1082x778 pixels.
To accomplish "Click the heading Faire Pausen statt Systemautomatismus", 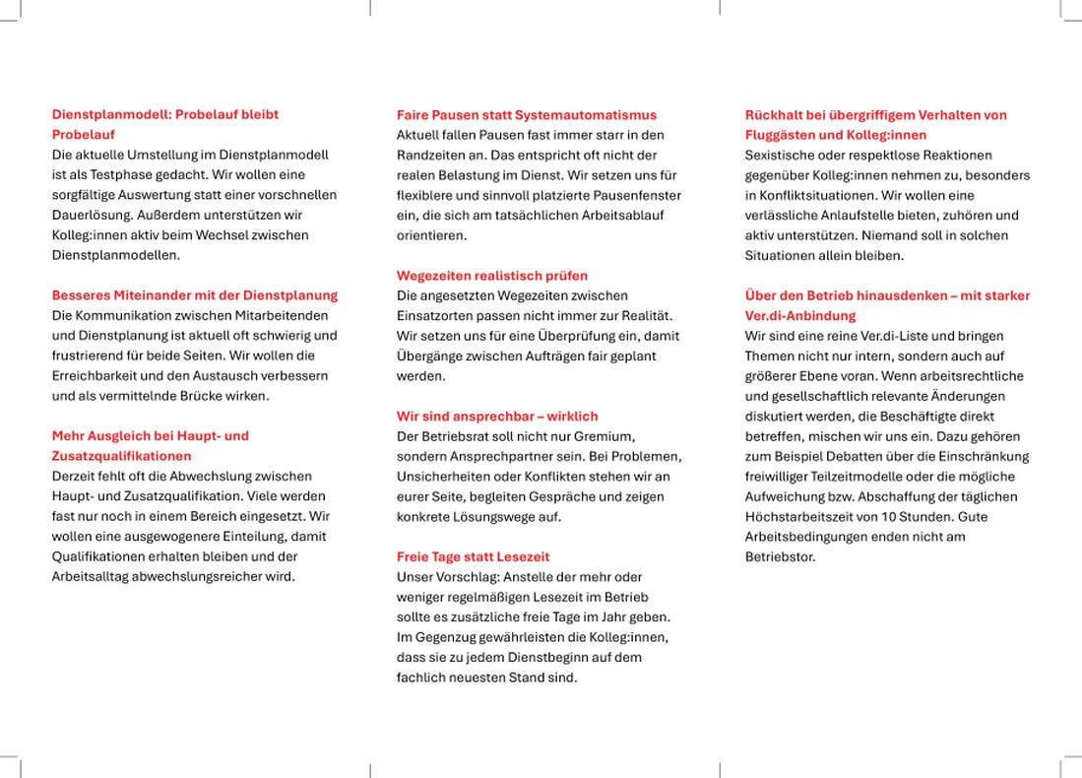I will (526, 115).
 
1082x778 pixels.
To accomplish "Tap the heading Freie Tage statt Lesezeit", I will (473, 556).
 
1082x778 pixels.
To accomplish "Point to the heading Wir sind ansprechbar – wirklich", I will (497, 417).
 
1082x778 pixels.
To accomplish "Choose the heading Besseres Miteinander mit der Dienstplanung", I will (194, 295).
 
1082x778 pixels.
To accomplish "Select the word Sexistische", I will (781, 156).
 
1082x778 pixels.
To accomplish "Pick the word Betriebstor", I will (781, 556).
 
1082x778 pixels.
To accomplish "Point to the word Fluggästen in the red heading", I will (781, 135).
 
